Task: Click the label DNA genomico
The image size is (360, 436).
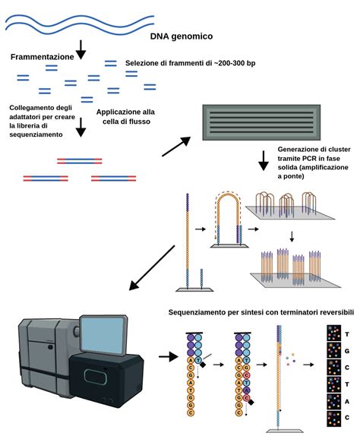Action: click(182, 35)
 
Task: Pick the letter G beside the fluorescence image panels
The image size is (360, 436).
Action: click(347, 352)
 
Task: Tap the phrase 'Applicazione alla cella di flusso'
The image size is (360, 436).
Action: click(126, 118)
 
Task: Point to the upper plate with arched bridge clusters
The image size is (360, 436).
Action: click(292, 213)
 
